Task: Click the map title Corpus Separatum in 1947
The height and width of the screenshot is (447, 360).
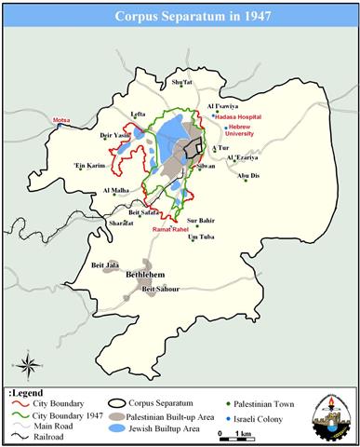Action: pyautogui.click(x=180, y=17)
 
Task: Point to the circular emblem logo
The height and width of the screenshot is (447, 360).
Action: pyautogui.click(x=328, y=412)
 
